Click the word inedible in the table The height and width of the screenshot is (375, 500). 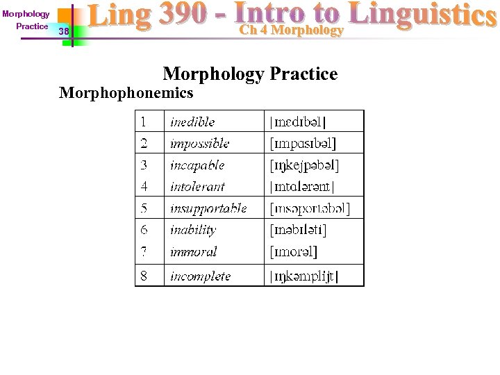click(192, 122)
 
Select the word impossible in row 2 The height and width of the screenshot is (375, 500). click(199, 143)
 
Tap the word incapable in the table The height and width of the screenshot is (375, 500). click(197, 165)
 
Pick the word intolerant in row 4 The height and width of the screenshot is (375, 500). click(197, 186)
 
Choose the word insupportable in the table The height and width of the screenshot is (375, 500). click(208, 208)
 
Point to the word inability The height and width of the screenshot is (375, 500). click(193, 230)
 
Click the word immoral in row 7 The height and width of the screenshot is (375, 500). click(193, 251)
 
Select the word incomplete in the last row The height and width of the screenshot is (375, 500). click(200, 276)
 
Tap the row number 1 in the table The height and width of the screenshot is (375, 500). click(143, 122)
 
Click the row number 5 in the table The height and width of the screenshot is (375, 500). click(144, 208)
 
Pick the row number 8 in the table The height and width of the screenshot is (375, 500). click(144, 276)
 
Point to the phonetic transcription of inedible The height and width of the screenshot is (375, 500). click(297, 122)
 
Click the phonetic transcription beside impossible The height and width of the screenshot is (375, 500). click(303, 144)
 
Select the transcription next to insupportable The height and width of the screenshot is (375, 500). click(310, 208)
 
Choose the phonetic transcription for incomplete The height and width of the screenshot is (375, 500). click(304, 276)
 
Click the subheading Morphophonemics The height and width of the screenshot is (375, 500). click(126, 92)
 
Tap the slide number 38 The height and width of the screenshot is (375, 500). click(64, 31)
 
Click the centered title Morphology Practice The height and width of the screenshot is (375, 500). click(250, 74)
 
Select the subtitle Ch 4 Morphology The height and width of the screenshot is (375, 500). click(291, 30)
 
